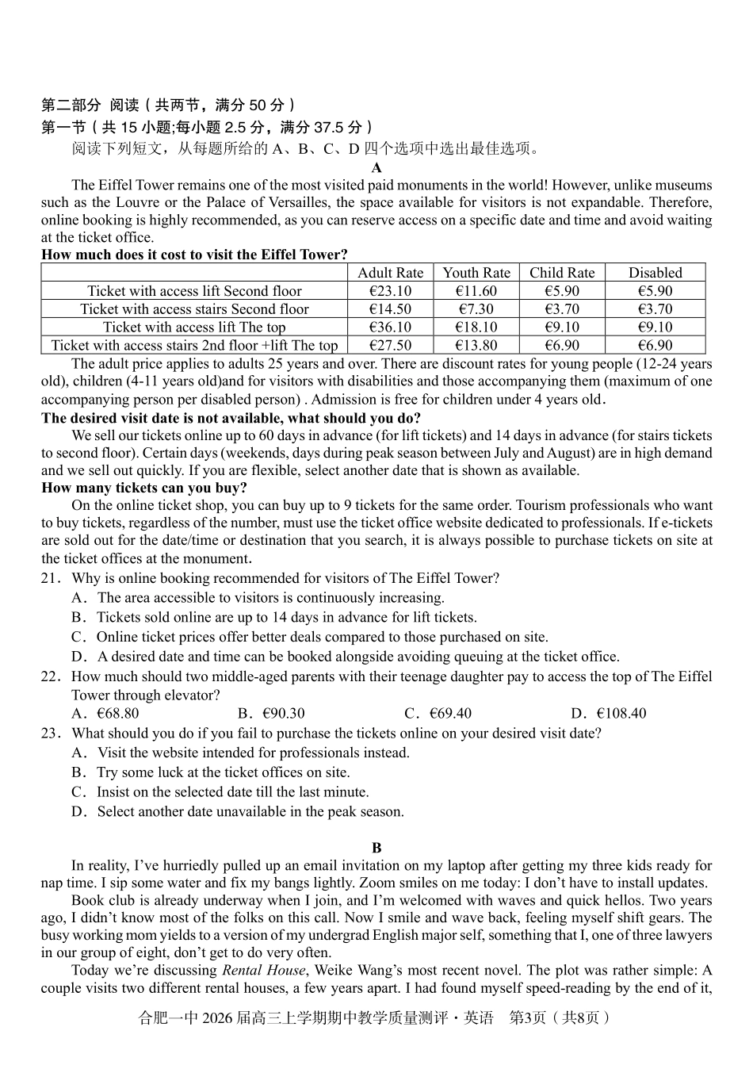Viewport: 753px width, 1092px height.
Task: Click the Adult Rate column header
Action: point(390,273)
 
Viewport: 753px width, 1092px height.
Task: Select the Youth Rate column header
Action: point(476,273)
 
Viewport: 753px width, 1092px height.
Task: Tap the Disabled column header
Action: point(655,273)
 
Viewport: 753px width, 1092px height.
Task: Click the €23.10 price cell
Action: point(390,291)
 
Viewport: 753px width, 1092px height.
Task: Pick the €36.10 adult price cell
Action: point(390,327)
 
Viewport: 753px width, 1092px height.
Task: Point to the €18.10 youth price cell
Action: point(476,327)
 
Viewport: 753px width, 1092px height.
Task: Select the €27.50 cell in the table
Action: point(390,345)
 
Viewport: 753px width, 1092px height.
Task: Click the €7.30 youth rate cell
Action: point(476,309)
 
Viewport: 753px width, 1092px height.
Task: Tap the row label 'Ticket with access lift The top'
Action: point(194,327)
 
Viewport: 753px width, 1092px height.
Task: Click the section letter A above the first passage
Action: point(376,167)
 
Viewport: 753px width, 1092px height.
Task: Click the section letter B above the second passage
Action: point(376,848)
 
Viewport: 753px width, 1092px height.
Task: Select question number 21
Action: point(50,578)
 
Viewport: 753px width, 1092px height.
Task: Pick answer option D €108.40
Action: point(608,713)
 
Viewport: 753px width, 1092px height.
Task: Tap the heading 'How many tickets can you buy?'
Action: point(144,488)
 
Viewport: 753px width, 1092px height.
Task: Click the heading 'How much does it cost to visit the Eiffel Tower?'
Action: point(194,255)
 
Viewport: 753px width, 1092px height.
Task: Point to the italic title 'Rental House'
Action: point(263,970)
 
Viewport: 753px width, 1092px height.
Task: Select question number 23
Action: point(50,733)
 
